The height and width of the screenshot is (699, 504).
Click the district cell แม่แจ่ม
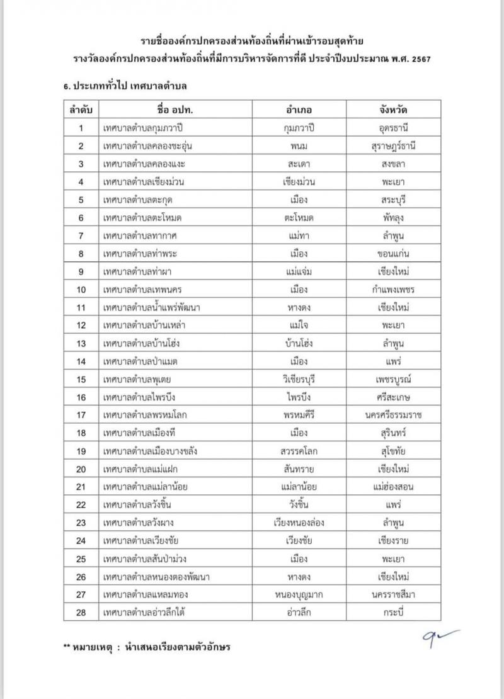tap(299, 273)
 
